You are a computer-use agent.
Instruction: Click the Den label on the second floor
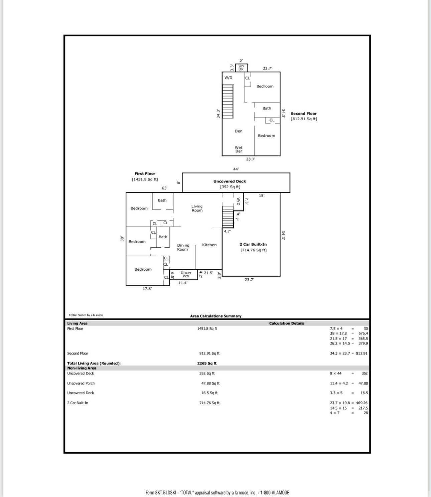[x=238, y=131]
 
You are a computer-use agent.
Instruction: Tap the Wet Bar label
[x=239, y=149]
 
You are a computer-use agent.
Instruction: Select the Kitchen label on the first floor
[x=209, y=245]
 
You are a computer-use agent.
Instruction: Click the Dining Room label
[x=183, y=247]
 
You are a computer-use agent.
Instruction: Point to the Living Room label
[x=197, y=208]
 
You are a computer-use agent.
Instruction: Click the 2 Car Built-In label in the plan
[x=253, y=244]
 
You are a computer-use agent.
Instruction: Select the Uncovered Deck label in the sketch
[x=230, y=181]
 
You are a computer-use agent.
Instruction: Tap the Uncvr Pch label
[x=186, y=274]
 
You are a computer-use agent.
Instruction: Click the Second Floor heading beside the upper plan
[x=303, y=113]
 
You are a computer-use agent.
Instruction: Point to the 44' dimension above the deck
[x=236, y=169]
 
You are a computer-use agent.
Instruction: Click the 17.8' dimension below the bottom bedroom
[x=147, y=289]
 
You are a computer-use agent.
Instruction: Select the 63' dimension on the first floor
[x=164, y=188]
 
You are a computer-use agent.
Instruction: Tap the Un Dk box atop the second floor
[x=241, y=68]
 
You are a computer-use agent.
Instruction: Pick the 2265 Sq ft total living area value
[x=207, y=363]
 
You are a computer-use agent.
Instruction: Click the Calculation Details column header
[x=286, y=323]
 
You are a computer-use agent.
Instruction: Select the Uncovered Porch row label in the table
[x=81, y=384]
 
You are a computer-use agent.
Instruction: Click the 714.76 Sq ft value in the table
[x=209, y=403]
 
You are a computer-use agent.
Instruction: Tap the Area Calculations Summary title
[x=215, y=316]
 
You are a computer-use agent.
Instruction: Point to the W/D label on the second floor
[x=228, y=78]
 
